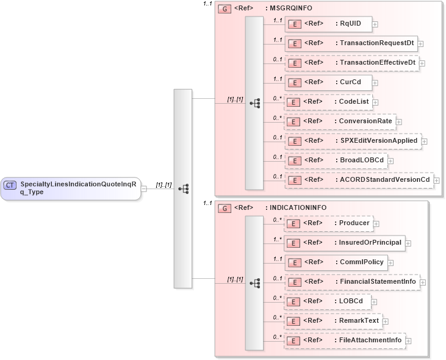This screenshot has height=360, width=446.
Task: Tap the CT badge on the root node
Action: coord(10,185)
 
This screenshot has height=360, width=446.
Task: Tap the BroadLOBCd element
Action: coord(336,160)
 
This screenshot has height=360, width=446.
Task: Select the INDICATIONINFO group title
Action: coord(295,207)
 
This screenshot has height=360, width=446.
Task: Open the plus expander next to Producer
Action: coord(376,224)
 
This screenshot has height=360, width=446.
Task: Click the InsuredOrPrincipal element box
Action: coord(344,243)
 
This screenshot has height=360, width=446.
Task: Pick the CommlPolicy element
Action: coord(335,262)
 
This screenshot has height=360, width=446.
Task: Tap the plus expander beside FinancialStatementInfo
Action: coord(423,283)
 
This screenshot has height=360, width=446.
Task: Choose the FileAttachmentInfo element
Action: coord(345,340)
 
